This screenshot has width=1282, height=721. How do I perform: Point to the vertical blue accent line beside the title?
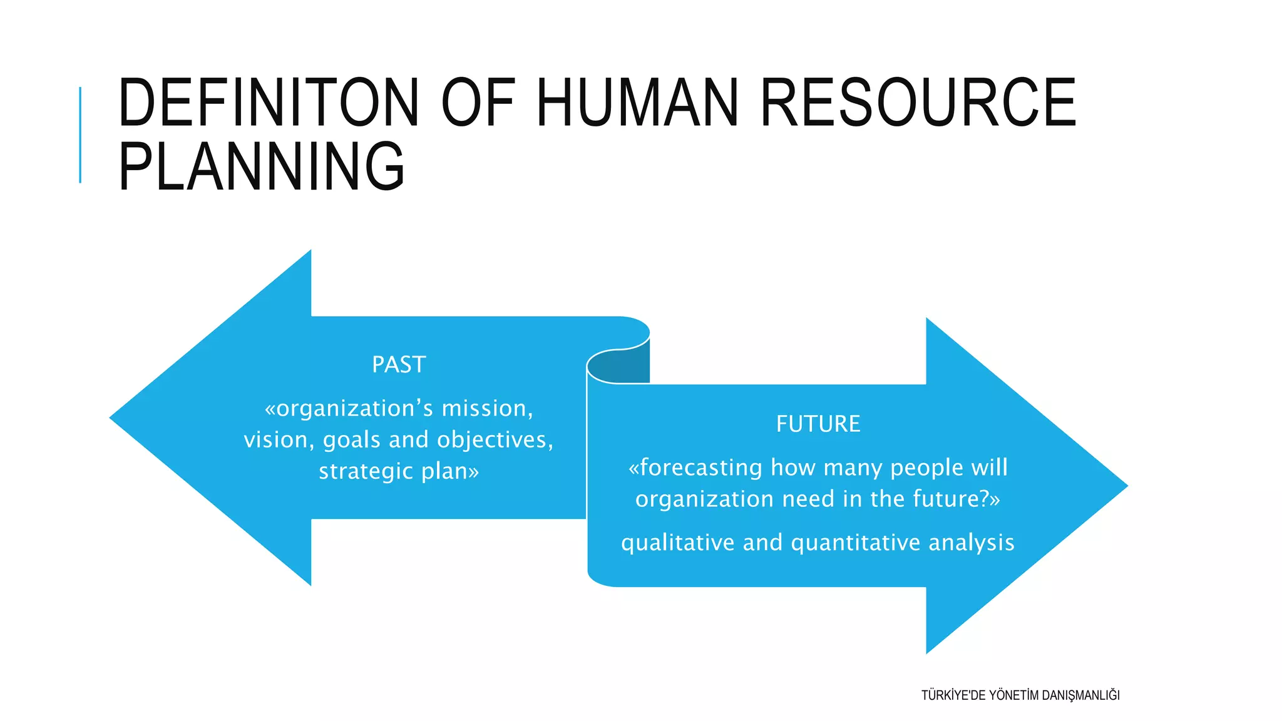[80, 135]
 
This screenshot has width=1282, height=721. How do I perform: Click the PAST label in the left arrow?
[399, 365]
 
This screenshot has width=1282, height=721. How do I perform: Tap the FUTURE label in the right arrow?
[818, 424]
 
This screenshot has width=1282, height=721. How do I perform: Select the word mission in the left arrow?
[487, 409]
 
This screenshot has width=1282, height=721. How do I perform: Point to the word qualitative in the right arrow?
[677, 543]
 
